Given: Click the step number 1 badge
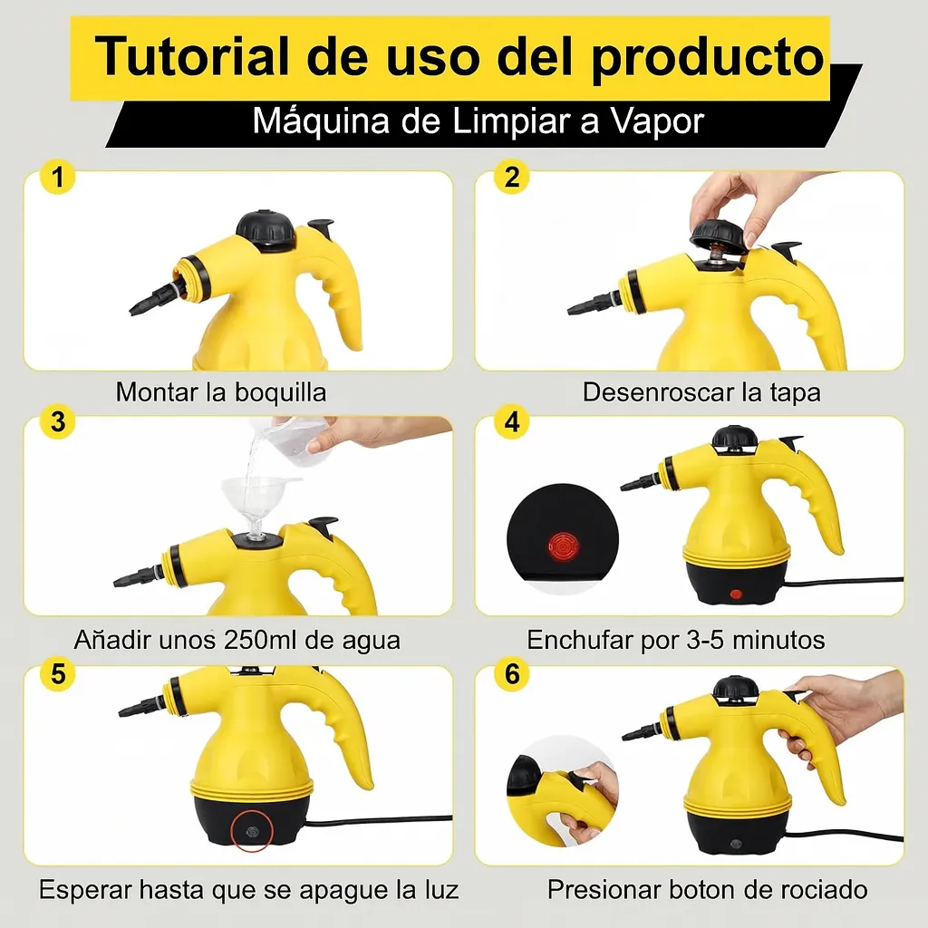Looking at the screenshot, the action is point(57,177).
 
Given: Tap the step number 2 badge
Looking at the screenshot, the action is point(512,177).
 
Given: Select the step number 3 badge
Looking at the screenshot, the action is point(57,421).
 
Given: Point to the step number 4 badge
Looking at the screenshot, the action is point(512,421).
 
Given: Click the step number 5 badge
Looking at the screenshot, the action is point(57,673).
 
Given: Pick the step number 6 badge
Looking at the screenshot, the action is point(512,673).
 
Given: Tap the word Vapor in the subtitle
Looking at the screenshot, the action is point(657,122).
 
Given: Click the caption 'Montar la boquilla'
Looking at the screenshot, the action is point(221,392).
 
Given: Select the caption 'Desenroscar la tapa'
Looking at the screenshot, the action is point(701,392).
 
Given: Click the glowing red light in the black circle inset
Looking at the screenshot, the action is point(563,545).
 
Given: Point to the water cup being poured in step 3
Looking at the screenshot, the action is point(288,438).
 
